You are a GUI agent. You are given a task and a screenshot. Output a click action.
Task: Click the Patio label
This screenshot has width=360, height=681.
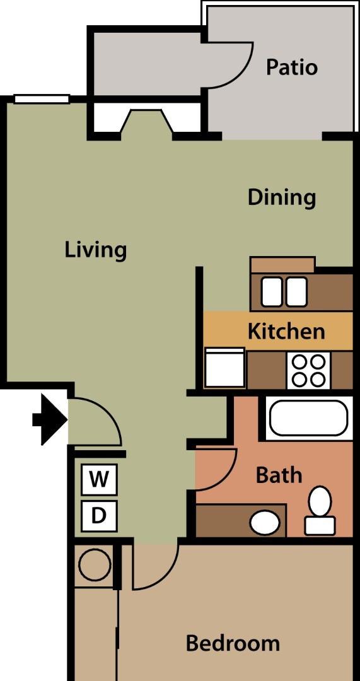291,67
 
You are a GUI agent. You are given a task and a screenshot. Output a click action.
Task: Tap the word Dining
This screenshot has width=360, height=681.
281,197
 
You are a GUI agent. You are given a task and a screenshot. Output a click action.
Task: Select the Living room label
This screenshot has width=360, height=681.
96,250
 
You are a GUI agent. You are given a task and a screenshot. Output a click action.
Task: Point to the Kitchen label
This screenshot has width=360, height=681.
286,332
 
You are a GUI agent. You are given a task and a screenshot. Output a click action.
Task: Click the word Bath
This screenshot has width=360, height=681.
279,475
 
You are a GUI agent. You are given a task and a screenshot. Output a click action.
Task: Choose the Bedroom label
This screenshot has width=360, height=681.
233,643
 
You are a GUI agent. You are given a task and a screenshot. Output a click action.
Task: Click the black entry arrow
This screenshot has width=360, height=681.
50,419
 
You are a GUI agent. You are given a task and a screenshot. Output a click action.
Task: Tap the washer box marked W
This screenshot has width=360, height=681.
99,479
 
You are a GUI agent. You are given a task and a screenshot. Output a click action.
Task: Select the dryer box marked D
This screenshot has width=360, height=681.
99,516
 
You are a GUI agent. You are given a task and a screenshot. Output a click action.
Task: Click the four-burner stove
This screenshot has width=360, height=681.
308,371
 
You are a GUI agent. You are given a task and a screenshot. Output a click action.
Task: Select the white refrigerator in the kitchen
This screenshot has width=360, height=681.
224,368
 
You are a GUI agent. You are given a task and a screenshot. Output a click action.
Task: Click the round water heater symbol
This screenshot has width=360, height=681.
95,564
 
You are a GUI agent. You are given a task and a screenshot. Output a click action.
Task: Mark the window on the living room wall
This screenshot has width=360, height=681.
42,99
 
